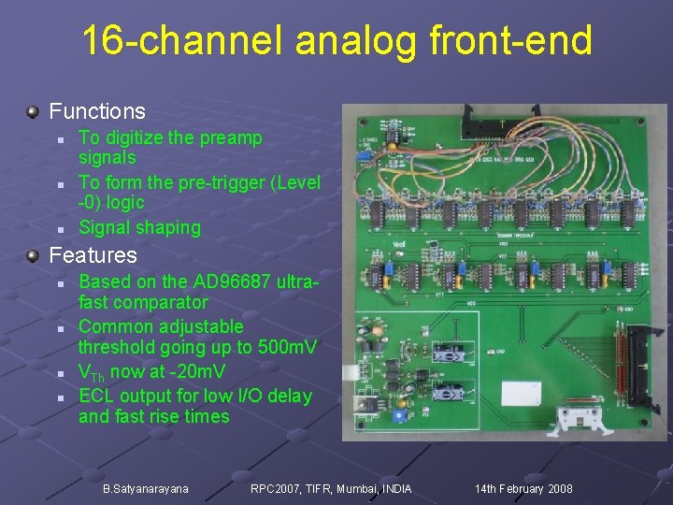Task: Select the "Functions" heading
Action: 97,111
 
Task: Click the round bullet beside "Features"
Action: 33,254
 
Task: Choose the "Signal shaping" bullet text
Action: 139,227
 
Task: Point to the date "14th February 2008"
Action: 523,489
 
